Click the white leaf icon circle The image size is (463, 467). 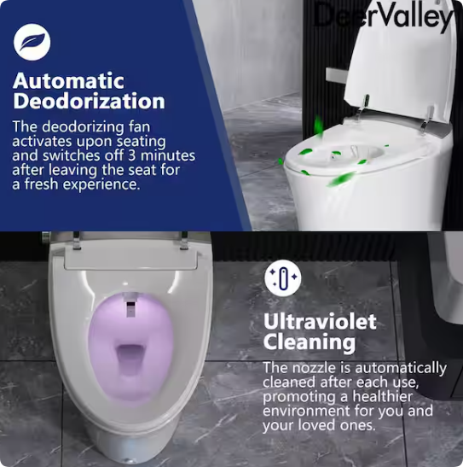click(32, 42)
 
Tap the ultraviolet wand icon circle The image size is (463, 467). click(283, 278)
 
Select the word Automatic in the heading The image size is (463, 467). click(68, 81)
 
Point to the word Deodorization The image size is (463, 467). click(89, 102)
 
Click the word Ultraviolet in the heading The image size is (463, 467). click(320, 322)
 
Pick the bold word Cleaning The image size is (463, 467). click(310, 342)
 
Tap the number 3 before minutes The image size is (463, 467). click(131, 155)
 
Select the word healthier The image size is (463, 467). click(382, 397)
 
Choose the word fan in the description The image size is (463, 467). click(140, 127)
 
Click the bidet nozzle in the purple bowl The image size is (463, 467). click(130, 306)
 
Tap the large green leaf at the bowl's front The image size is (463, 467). click(341, 178)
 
